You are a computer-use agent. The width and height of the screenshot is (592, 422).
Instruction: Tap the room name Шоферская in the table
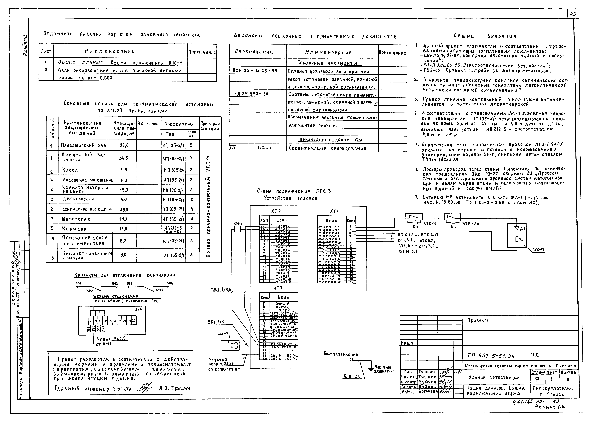coord(76,219)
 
